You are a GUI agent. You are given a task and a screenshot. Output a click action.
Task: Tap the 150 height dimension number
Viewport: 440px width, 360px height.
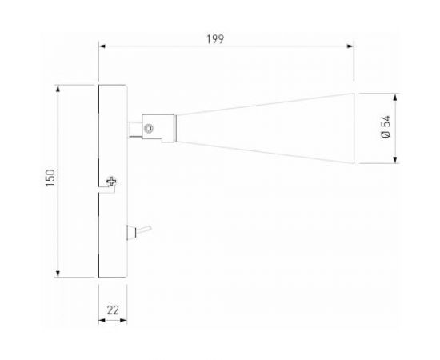(x=50, y=180)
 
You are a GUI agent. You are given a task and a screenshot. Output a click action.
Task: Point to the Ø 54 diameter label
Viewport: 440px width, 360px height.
(x=387, y=128)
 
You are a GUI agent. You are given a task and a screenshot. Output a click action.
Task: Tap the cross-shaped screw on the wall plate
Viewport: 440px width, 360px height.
(x=111, y=183)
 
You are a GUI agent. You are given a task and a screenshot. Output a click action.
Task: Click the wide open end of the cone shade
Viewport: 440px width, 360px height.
(x=354, y=128)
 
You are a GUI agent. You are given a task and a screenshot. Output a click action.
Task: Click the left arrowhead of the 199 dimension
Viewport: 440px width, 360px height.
(x=101, y=46)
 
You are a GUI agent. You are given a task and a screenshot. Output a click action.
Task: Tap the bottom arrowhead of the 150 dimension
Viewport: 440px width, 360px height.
(x=60, y=274)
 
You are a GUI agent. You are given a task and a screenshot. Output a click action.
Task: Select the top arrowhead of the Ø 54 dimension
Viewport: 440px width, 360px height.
(x=397, y=95)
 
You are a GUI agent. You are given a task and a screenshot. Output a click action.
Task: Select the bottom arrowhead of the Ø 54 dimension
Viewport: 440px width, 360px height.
(x=397, y=161)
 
